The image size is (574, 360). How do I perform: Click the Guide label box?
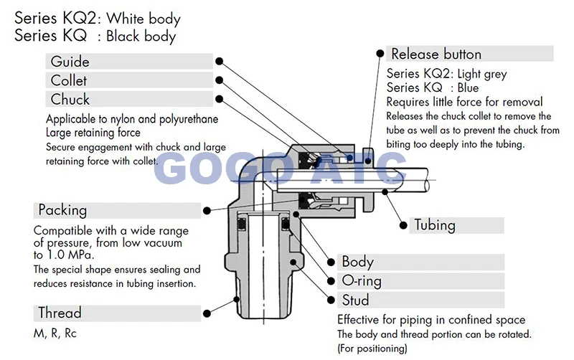(129, 62)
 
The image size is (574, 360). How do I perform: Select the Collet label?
(129, 80)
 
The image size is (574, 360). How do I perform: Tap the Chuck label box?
(129, 99)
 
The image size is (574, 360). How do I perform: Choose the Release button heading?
(470, 54)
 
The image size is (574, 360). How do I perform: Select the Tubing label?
(456, 224)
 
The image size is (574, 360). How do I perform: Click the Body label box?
(420, 262)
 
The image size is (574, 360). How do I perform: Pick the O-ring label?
(420, 280)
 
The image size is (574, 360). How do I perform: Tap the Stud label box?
(420, 300)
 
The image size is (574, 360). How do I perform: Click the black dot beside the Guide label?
(220, 62)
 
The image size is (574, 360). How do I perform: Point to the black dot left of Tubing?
(402, 224)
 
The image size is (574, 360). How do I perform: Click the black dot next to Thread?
(207, 313)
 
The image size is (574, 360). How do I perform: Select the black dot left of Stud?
(330, 300)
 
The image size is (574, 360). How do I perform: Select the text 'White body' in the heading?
(143, 19)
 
